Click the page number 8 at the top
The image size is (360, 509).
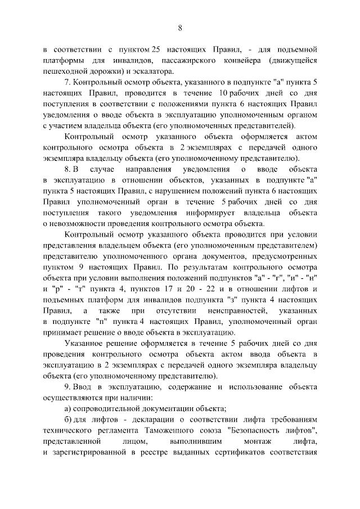coord(180,28)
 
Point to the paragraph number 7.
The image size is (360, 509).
coord(67,82)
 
